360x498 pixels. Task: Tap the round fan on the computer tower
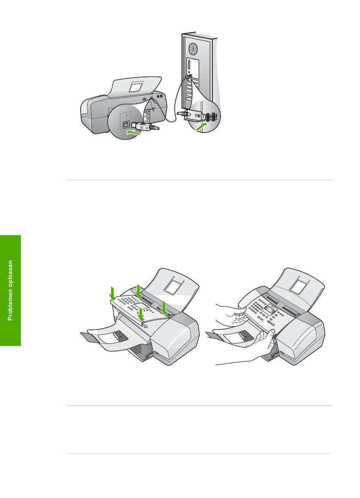tap(193, 49)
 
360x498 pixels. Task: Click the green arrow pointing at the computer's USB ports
tap(202, 128)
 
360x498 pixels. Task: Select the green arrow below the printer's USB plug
tap(133, 133)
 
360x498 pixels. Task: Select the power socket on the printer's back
tap(144, 99)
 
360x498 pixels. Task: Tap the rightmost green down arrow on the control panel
tap(164, 308)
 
